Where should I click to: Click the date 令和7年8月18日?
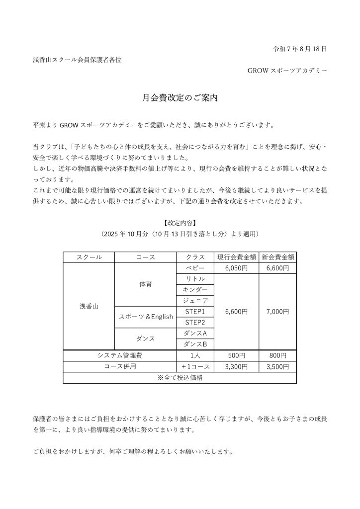click(300, 49)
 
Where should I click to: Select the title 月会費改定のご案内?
click(180, 98)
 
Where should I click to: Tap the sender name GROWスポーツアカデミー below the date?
click(287, 71)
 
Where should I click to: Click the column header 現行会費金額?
click(237, 257)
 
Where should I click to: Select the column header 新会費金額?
click(277, 257)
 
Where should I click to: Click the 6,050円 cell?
click(237, 267)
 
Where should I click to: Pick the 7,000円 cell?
click(277, 311)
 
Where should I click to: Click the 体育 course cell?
click(145, 284)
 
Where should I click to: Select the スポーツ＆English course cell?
click(145, 317)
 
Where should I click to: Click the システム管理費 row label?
click(120, 355)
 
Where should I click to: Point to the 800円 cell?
click(277, 355)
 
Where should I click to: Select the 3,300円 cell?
click(237, 366)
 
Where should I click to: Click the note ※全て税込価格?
click(180, 377)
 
